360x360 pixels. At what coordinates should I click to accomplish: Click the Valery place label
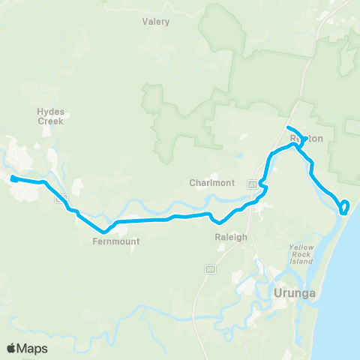pyautogui.click(x=156, y=22)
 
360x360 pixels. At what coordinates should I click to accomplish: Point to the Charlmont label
pyautogui.click(x=212, y=183)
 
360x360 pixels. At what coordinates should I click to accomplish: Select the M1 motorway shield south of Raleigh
pyautogui.click(x=210, y=268)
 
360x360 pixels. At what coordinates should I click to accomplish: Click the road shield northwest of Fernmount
pyautogui.click(x=61, y=199)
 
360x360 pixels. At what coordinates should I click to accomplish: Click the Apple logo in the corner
pyautogui.click(x=12, y=348)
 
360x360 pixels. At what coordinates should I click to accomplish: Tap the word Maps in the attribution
pyautogui.click(x=33, y=348)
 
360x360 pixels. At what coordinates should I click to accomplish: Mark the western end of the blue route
pyautogui.click(x=13, y=178)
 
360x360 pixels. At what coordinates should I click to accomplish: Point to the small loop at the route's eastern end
pyautogui.click(x=344, y=206)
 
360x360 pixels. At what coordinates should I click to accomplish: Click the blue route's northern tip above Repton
pyautogui.click(x=289, y=125)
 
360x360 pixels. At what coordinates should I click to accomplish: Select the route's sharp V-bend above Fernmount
pyautogui.click(x=103, y=230)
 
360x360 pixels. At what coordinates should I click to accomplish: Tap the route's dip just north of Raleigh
pyautogui.click(x=218, y=222)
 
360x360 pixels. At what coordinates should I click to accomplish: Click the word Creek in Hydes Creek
pyautogui.click(x=51, y=130)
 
